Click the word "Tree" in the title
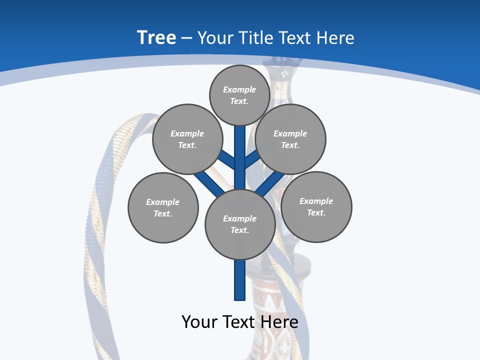click(x=156, y=38)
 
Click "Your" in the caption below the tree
click(x=199, y=322)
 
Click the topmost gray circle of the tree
click(x=239, y=95)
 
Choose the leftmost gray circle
click(x=163, y=207)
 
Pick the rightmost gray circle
click(x=316, y=206)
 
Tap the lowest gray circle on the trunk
click(x=240, y=224)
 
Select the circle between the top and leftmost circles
click(x=187, y=139)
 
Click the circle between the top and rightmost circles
click(x=290, y=139)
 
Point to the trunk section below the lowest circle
click(x=240, y=280)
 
